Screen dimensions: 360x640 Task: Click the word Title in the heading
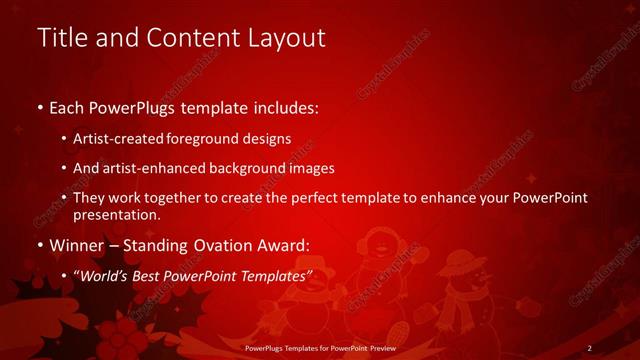[x=62, y=39]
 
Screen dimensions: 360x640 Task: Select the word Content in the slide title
[x=191, y=39]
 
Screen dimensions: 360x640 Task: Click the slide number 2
[x=590, y=348]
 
